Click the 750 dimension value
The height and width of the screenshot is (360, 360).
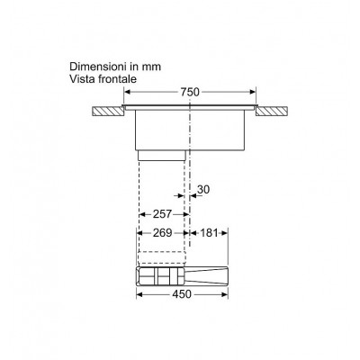click(190, 92)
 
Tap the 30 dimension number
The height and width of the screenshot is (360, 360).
click(203, 190)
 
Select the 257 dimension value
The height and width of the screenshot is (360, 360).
click(162, 214)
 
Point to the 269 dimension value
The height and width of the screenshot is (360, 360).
click(163, 233)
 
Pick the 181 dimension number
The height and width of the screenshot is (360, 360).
click(209, 233)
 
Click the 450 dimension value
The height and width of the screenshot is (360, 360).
click(182, 294)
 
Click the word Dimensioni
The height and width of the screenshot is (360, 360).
click(95, 67)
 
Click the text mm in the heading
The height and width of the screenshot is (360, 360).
click(151, 67)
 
